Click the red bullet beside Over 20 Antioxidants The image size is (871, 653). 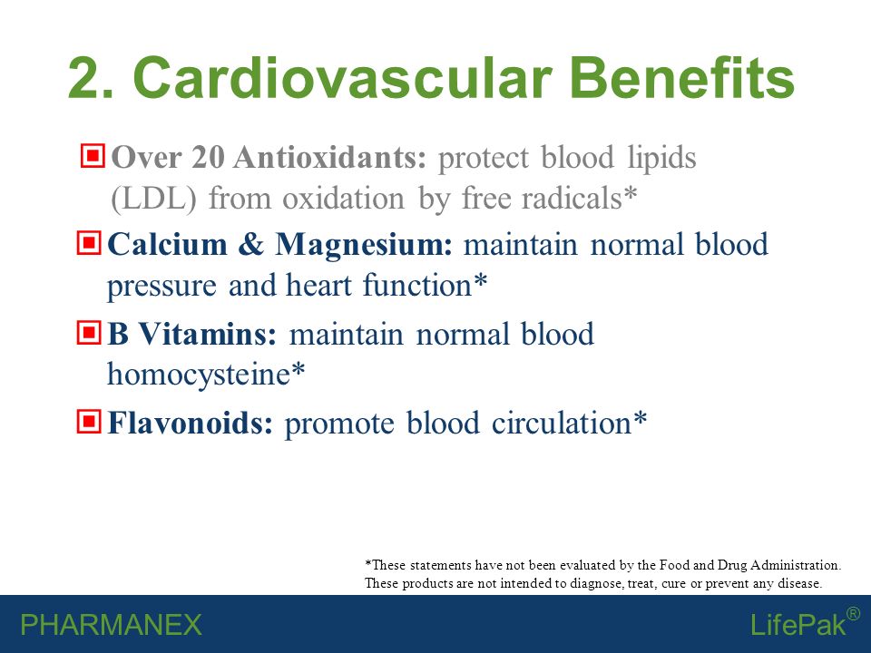[93, 155]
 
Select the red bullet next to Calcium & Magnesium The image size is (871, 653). [89, 243]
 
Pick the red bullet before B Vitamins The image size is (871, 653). [89, 333]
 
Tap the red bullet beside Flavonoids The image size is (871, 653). [89, 422]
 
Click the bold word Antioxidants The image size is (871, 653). [330, 157]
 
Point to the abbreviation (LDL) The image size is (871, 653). [154, 199]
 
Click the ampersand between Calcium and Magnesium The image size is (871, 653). [251, 245]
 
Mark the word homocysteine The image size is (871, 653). [199, 375]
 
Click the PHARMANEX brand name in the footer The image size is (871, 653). [111, 625]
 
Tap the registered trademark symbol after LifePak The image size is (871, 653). [853, 614]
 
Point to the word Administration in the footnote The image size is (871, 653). [796, 565]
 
